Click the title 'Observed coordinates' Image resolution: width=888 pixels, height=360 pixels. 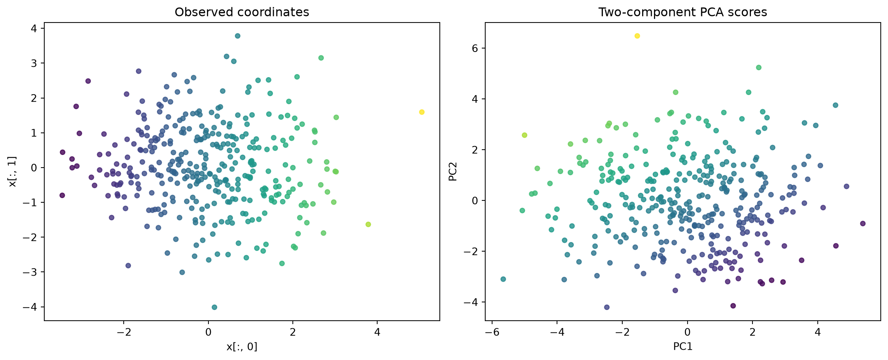[242, 12]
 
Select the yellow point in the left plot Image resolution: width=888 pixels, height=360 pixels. [421, 112]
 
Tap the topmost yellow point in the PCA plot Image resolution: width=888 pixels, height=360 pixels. [637, 36]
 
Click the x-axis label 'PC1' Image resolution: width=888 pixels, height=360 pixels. [683, 346]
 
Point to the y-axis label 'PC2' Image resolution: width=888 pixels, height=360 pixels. [453, 171]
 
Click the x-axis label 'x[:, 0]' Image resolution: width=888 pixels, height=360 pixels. [242, 347]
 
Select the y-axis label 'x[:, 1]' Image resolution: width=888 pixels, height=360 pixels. [13, 171]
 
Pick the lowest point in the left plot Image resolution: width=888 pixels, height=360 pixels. [215, 307]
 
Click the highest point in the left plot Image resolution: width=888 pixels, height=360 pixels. [237, 36]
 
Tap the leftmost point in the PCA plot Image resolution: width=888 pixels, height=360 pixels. [503, 279]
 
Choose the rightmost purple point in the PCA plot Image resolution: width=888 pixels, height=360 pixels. [862, 224]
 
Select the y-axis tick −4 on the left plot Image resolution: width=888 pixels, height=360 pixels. [31, 307]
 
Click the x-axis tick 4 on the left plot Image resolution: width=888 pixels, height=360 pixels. [377, 332]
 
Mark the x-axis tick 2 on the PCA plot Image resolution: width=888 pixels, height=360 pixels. [752, 332]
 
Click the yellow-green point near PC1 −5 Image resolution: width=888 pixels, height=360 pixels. [525, 135]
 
